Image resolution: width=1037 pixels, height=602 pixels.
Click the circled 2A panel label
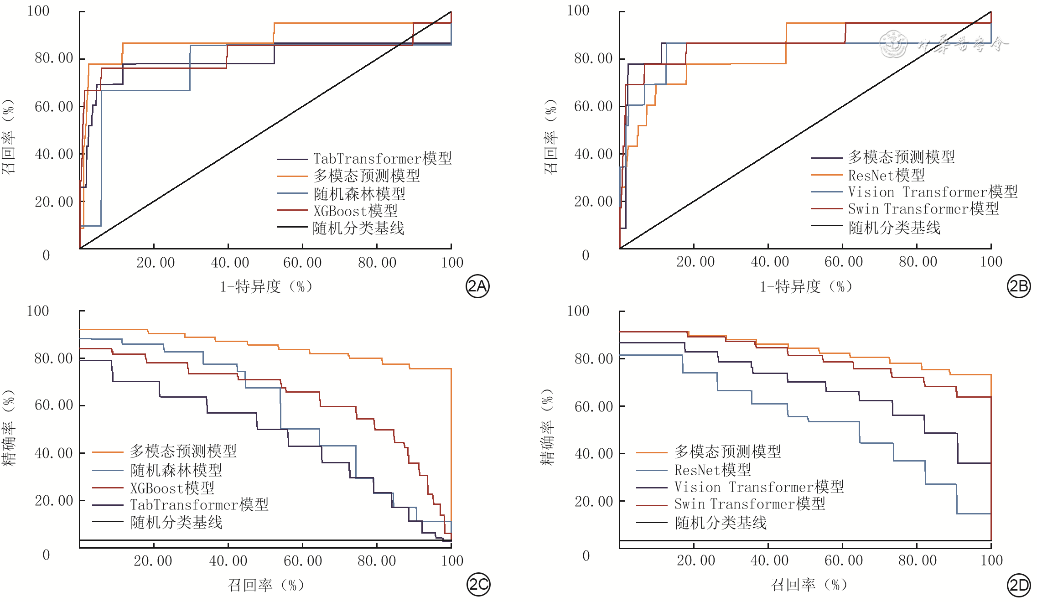point(477,286)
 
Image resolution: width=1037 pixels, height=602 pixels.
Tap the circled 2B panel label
point(1018,286)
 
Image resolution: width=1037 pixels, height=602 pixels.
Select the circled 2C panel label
point(478,584)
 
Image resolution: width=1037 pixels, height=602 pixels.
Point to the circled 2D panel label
point(1018,585)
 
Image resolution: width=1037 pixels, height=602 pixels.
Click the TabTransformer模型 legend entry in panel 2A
point(364,159)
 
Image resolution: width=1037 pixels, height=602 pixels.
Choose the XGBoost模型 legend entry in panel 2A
point(337,211)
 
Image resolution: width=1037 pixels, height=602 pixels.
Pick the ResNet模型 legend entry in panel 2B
point(868,175)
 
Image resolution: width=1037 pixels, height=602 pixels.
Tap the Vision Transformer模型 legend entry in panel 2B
point(914,192)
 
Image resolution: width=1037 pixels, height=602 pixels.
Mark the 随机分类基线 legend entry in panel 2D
point(702,523)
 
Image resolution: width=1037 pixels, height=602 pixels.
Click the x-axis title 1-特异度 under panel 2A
point(266,286)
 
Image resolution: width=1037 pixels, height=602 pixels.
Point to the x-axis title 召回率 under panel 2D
point(809,585)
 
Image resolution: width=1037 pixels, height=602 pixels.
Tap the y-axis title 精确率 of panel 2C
point(9,427)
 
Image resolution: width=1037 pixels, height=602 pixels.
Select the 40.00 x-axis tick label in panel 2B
point(770,262)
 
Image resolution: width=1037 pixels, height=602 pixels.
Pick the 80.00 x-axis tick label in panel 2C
point(377,560)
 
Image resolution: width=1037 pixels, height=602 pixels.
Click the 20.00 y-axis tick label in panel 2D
point(594,501)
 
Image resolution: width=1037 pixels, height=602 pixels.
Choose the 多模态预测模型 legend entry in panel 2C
point(165,451)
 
